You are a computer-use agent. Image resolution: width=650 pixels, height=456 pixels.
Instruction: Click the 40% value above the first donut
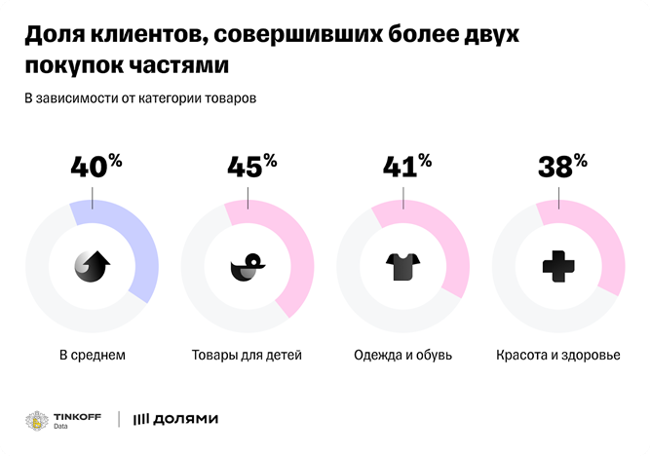(x=95, y=167)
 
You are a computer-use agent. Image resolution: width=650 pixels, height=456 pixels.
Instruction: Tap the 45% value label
(x=250, y=167)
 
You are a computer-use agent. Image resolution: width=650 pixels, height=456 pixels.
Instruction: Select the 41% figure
(x=404, y=167)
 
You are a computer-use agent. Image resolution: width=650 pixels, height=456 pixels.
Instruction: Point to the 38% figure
(x=561, y=167)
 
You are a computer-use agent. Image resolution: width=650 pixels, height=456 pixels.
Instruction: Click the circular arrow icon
(x=92, y=266)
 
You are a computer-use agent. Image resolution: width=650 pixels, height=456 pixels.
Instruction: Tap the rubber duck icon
(x=248, y=266)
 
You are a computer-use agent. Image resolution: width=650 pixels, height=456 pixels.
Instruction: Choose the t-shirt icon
(x=402, y=266)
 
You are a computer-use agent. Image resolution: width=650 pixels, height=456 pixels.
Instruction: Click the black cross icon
(x=558, y=266)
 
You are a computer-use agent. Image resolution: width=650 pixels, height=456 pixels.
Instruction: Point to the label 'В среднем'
(x=93, y=355)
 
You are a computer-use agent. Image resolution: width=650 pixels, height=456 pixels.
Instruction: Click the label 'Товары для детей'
(x=248, y=355)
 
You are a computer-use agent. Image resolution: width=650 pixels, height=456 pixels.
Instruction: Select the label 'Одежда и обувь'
(x=402, y=355)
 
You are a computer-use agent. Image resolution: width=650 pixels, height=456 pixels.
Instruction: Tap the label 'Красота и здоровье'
(x=557, y=355)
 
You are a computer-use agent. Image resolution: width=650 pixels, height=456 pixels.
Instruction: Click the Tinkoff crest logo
(x=37, y=419)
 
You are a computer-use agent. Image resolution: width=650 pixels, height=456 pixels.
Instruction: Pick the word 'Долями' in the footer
(x=185, y=419)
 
